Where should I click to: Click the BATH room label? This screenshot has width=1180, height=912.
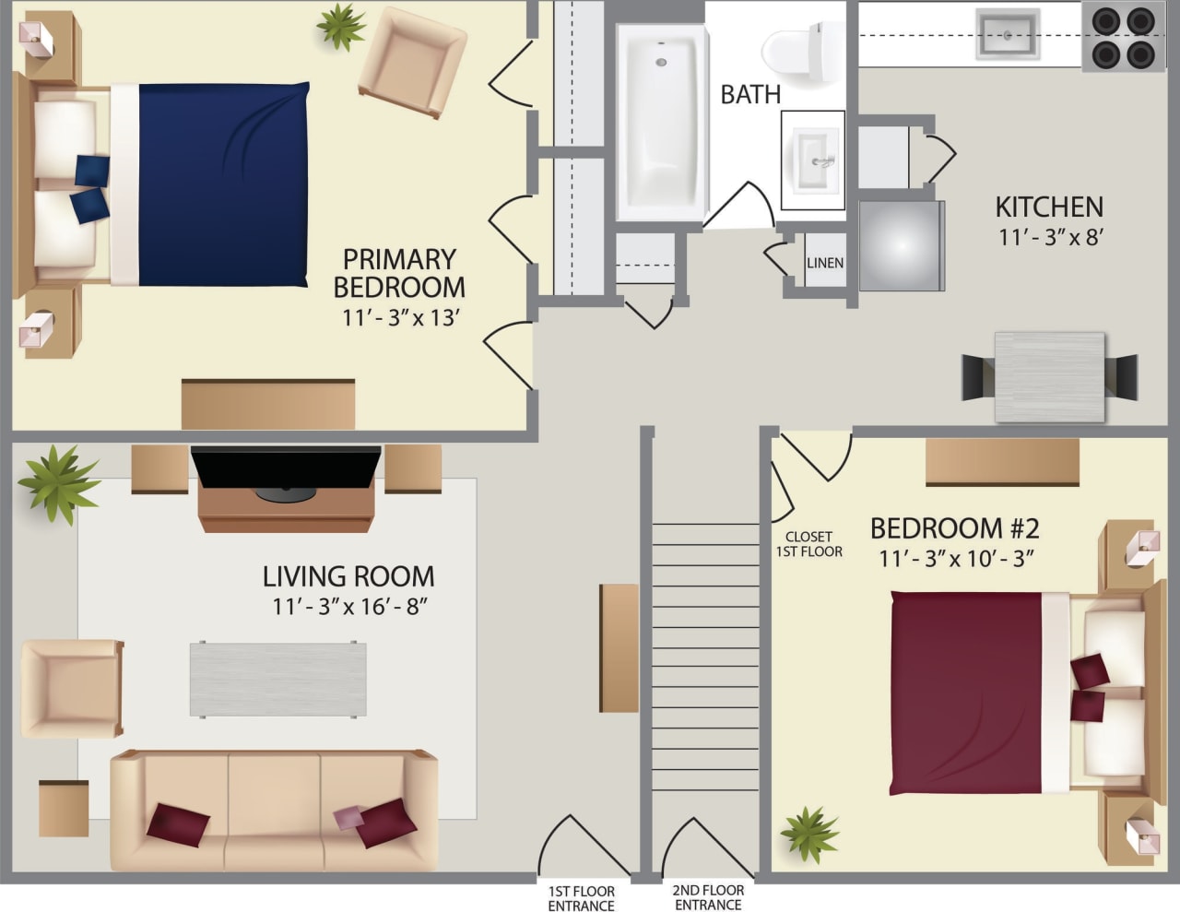(x=749, y=94)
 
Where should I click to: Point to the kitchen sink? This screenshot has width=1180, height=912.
(x=1008, y=34)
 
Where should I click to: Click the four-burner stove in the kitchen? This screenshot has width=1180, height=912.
(x=1123, y=37)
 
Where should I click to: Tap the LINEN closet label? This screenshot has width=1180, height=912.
(x=824, y=263)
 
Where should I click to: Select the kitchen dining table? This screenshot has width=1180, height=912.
(x=1049, y=377)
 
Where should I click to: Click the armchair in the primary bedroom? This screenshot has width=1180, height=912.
(x=411, y=63)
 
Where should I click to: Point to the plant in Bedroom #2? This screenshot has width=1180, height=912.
(x=808, y=833)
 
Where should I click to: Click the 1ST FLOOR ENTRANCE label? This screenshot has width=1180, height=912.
(x=581, y=898)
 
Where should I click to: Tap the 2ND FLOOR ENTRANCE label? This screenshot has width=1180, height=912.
(x=707, y=897)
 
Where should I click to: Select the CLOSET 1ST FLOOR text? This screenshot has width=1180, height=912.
(x=808, y=544)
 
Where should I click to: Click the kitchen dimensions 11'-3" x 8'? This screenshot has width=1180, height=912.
(x=1050, y=237)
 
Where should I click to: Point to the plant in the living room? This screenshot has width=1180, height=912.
(x=57, y=482)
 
